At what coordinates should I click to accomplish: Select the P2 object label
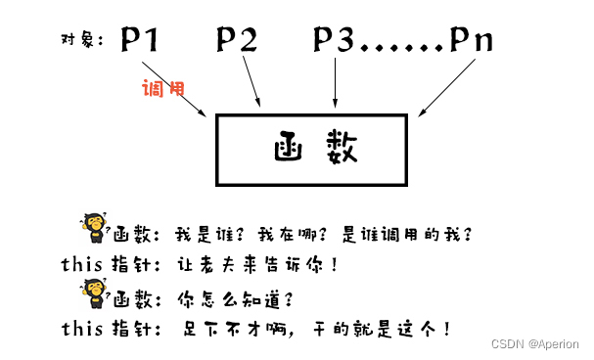click(x=237, y=41)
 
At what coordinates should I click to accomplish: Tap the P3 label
click(x=336, y=41)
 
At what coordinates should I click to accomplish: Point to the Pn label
click(x=472, y=41)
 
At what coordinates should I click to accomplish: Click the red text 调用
click(x=162, y=88)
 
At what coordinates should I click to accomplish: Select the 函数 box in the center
click(x=309, y=150)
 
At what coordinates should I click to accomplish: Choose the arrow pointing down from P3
click(x=336, y=82)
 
